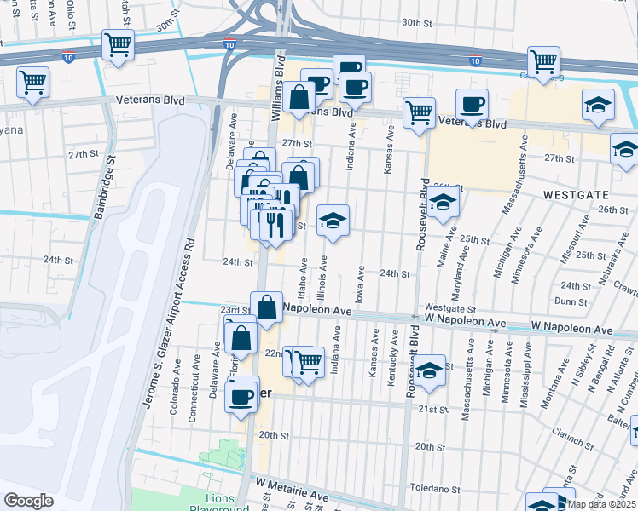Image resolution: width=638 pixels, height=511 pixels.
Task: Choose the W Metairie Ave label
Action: [292, 483]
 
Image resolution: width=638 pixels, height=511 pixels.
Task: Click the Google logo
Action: [28, 500]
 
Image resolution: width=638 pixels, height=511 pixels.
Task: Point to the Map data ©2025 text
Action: [601, 504]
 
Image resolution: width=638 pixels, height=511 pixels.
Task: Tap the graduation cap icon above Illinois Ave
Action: [332, 221]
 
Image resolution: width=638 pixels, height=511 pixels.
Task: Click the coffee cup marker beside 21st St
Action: [242, 394]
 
